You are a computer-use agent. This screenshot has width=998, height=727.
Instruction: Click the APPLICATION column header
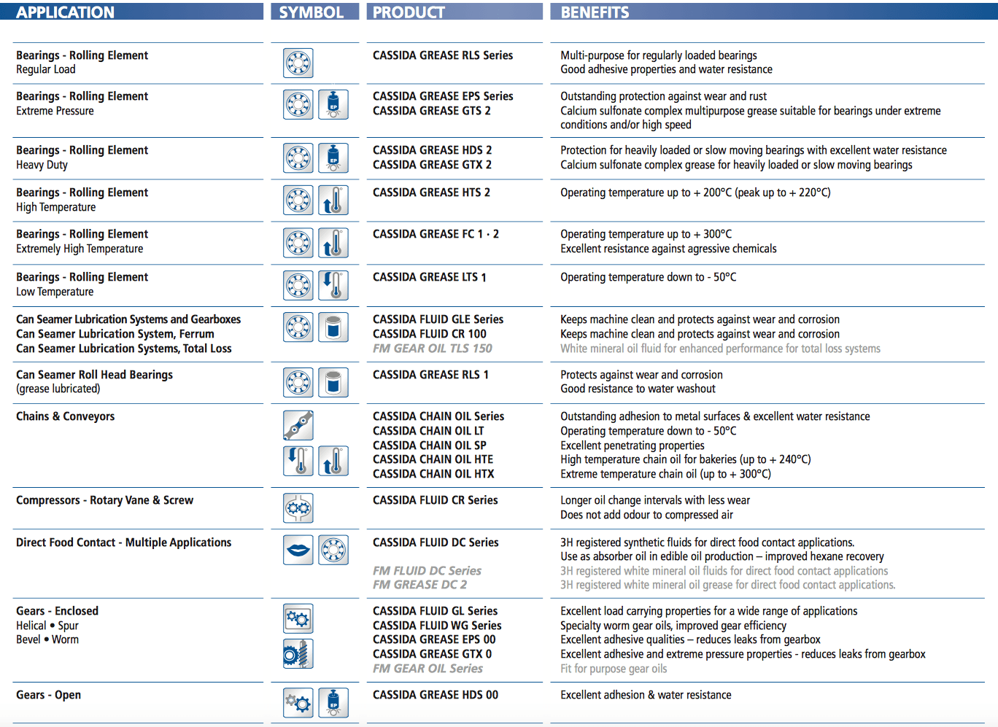66,12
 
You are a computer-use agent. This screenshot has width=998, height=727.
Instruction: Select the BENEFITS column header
595,12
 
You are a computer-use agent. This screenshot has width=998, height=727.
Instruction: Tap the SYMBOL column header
312,12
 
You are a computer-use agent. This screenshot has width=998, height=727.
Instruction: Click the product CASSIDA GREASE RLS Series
442,55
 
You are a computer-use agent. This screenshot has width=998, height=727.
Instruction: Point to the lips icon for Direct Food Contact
298,550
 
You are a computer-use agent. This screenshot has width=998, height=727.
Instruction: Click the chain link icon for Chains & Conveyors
298,425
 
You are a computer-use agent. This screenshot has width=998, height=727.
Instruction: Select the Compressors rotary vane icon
298,508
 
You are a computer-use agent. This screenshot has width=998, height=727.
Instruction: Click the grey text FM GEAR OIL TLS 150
432,349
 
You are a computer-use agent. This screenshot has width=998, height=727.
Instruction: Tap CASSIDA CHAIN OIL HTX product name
433,474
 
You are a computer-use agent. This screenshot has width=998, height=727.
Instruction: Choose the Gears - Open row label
48,695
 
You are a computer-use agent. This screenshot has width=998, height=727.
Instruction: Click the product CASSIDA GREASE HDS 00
436,695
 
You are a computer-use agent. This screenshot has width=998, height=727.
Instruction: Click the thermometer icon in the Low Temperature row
333,285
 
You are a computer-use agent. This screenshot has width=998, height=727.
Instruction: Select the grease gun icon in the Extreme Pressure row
333,104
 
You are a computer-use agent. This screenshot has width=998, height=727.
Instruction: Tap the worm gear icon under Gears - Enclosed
298,654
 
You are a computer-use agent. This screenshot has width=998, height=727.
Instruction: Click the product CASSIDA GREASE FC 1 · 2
436,234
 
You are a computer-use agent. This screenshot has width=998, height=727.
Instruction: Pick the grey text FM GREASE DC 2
419,585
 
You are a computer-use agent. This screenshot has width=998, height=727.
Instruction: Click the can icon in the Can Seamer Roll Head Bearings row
333,382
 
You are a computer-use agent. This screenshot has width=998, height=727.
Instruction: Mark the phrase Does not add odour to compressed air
646,515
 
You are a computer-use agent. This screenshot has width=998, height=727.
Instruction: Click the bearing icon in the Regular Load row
298,63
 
